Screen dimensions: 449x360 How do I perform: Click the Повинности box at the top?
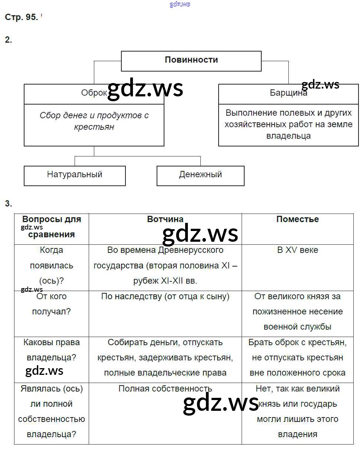(191, 60)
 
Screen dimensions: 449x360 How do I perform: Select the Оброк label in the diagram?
(94, 93)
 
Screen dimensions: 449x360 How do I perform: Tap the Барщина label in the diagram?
(288, 93)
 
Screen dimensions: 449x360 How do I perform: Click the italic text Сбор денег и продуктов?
(94, 115)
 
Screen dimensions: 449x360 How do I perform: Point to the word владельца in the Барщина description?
(288, 136)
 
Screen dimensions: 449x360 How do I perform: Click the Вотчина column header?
(165, 219)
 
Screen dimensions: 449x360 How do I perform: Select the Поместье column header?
(297, 219)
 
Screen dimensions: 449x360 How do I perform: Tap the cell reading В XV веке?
(297, 250)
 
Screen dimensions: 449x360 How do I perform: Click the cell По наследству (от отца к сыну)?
(165, 296)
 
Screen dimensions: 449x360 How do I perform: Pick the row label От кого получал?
(52, 304)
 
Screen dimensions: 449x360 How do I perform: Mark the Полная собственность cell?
(165, 389)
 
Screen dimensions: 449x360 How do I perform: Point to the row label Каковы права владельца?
(52, 350)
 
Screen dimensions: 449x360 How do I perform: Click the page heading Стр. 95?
(21, 17)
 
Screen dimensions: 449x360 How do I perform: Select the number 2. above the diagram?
(8, 40)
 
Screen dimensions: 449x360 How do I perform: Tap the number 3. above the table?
(8, 204)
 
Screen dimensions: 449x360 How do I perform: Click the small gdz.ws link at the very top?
(180, 4)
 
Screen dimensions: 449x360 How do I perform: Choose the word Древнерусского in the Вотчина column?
(191, 250)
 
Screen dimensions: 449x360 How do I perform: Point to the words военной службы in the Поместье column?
(297, 327)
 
